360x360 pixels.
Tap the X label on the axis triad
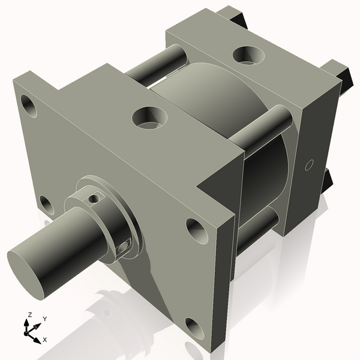[45, 340]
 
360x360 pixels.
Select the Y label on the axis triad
[44, 319]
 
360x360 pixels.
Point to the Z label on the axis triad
[30, 314]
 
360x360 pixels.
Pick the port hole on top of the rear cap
[247, 55]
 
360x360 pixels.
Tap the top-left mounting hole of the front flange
[29, 104]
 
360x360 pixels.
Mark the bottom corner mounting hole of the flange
[194, 328]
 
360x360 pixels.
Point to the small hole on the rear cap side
[310, 164]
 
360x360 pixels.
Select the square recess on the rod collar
[124, 246]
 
